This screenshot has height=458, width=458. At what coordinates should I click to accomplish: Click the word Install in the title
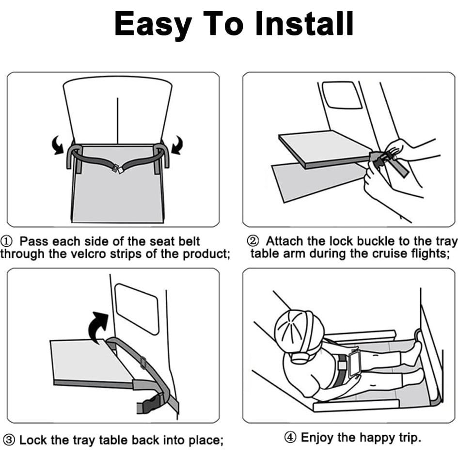(x=304, y=24)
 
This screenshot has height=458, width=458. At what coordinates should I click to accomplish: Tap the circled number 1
(x=6, y=241)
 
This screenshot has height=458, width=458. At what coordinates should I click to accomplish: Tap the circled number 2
(x=253, y=241)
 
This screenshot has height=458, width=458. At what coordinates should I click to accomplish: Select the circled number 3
(x=9, y=440)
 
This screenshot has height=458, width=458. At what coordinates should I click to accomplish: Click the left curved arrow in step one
(x=58, y=144)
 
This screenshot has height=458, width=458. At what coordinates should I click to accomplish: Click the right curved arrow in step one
(x=177, y=144)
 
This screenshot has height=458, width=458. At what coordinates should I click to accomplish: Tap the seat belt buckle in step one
(x=118, y=169)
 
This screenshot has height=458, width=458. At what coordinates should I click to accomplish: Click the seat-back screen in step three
(x=137, y=309)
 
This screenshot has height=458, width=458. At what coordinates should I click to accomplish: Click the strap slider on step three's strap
(x=143, y=363)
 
